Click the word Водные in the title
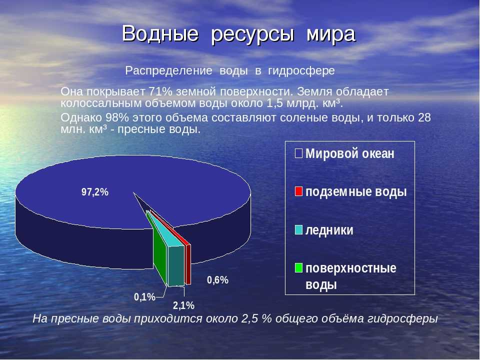pos(160,33)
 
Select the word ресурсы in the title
pos(253,35)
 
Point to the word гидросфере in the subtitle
pos(301,71)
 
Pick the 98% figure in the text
pos(117,117)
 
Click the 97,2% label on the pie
pos(95,192)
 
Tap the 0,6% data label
pos(217,280)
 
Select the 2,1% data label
pos(183,305)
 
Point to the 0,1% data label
pos(144,297)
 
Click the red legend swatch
pos(298,191)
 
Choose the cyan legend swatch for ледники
pos(298,230)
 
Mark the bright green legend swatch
pos(298,268)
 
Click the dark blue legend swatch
pos(298,153)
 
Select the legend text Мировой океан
pos(350,153)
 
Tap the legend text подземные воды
pos(356,192)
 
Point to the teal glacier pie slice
pos(175,263)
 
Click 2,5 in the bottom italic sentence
pos(249,318)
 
